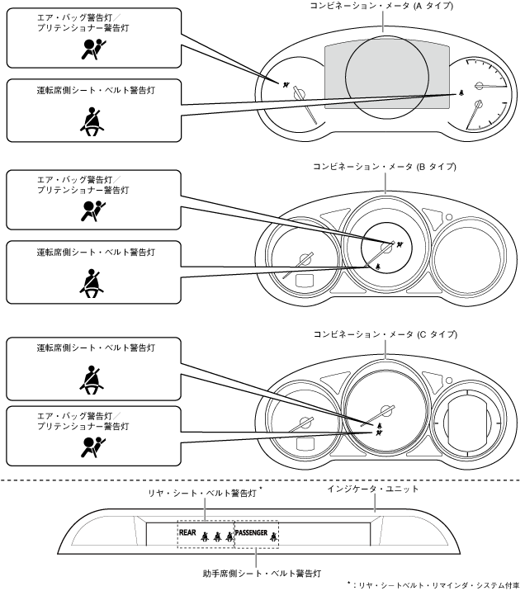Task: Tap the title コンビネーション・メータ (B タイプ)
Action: (x=385, y=167)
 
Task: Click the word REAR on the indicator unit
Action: (x=189, y=533)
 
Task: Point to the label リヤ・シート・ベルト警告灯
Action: (x=201, y=492)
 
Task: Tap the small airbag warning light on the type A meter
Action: (x=286, y=84)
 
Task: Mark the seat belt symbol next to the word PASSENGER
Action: (x=273, y=535)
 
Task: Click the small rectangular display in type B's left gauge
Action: (x=304, y=278)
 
